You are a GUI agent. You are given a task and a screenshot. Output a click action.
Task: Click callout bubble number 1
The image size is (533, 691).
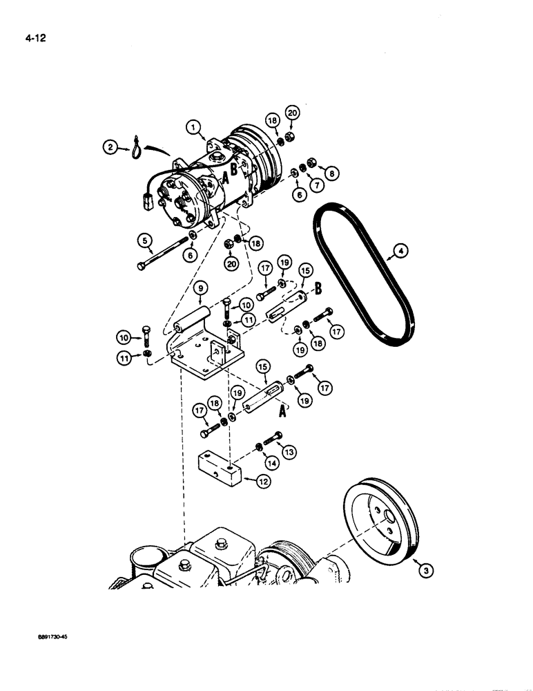[194, 126]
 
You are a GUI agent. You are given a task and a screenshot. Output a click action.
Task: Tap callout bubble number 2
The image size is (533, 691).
[110, 146]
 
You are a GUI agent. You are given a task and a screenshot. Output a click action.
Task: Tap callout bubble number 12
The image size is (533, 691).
[262, 483]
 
